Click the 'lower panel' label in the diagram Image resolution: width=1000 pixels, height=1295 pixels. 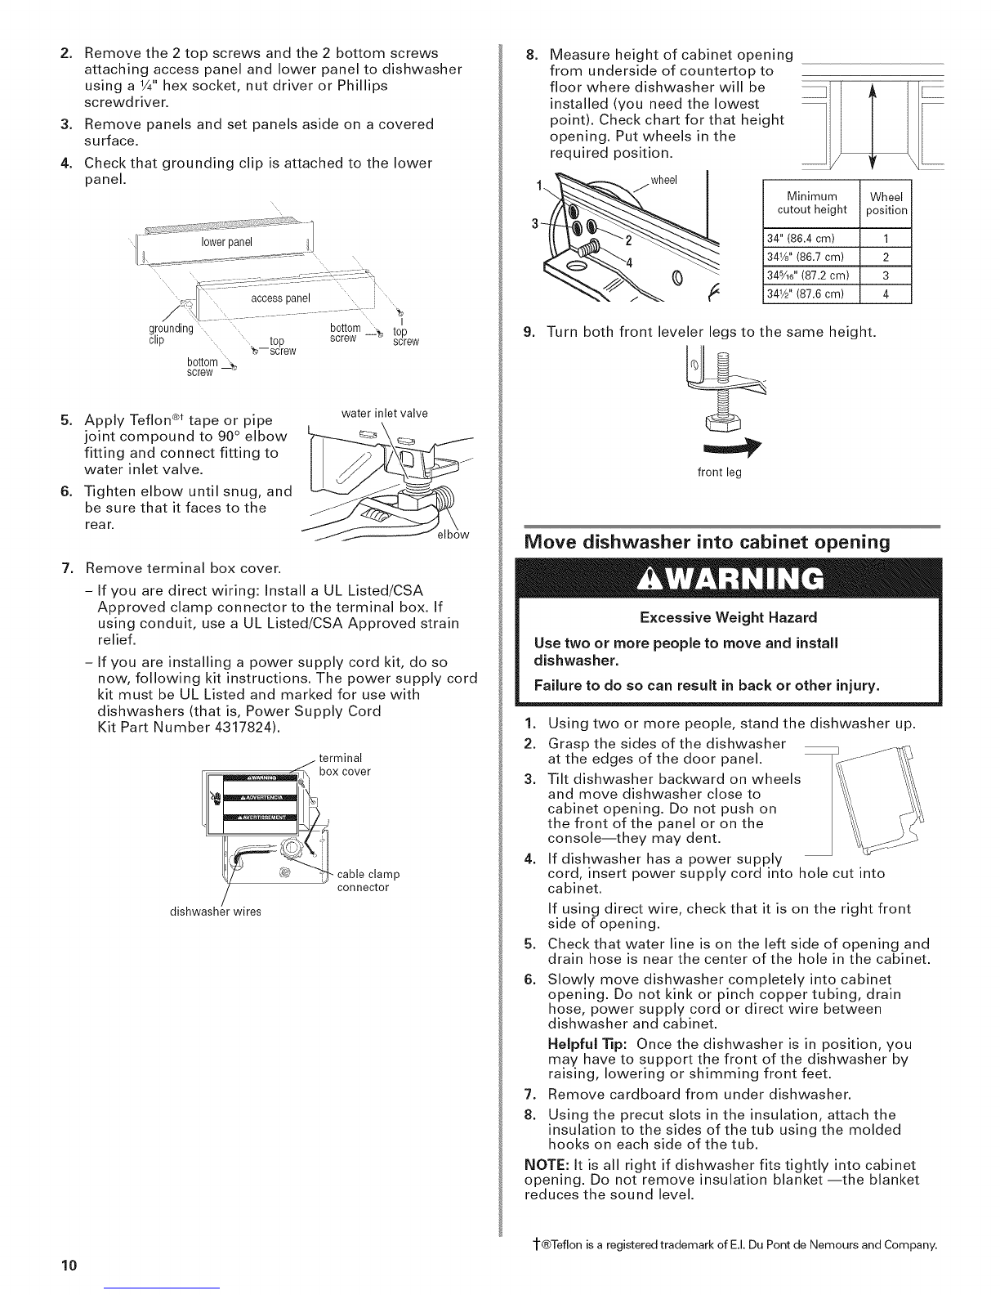pos(226,242)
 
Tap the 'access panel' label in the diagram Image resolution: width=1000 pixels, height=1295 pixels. pos(280,298)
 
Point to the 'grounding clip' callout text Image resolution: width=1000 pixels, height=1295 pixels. pos(171,334)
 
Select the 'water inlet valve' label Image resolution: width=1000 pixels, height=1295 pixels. pos(384,414)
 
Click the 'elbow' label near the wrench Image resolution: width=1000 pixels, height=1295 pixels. pos(453,535)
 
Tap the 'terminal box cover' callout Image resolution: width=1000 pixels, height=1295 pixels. pos(345,764)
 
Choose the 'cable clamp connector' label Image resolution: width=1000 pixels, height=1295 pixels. pos(368,881)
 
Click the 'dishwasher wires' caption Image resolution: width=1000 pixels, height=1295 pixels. pos(216,912)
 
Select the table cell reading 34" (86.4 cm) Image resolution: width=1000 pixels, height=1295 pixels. pos(811,238)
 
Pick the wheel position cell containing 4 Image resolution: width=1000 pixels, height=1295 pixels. pos(886,294)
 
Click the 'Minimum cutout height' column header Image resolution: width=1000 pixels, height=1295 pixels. pos(812,203)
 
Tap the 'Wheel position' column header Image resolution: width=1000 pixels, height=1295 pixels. pos(886,204)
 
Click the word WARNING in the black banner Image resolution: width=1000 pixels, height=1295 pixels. pos(730,578)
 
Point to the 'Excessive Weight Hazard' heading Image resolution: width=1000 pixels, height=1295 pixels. pos(729,618)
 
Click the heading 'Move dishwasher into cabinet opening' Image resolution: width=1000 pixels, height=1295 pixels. pos(707,542)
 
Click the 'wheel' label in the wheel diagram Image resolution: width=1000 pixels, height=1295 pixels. pos(664,181)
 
